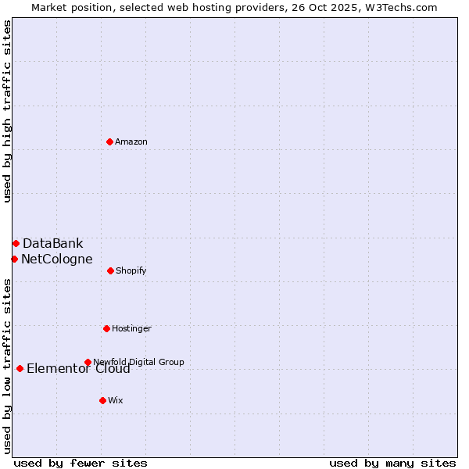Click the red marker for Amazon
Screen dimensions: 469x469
coord(109,141)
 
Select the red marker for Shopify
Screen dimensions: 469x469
coord(110,270)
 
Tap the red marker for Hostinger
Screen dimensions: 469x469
coord(106,328)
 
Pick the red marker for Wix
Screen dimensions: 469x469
coord(102,400)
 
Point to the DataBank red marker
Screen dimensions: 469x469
coord(16,243)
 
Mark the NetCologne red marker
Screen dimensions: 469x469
coord(14,259)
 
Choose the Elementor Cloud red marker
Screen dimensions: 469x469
coord(20,368)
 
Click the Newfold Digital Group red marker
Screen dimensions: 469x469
coord(88,362)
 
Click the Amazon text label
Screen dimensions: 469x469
coord(131,141)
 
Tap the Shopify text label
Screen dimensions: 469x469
coord(131,270)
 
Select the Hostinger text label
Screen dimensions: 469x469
coord(131,328)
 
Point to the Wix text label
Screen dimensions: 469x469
coord(116,400)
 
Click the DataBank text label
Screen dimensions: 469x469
coord(52,243)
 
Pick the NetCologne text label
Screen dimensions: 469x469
coord(56,259)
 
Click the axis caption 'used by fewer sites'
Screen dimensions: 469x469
coord(81,463)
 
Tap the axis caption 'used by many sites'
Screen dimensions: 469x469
coord(392,463)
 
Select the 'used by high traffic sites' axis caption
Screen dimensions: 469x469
coord(7,111)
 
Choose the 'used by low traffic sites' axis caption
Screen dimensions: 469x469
coord(7,365)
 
